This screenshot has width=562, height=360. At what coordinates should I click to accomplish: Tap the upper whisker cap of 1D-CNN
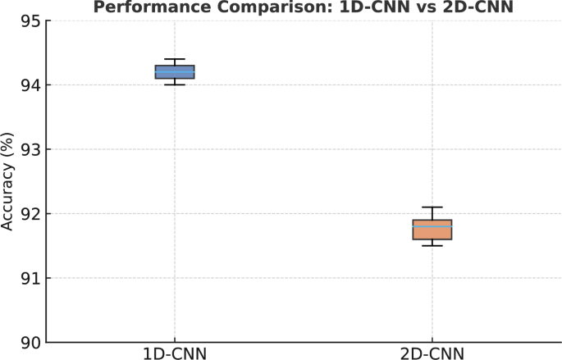(x=174, y=59)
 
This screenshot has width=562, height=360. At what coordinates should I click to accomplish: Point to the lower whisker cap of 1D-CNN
(x=174, y=84)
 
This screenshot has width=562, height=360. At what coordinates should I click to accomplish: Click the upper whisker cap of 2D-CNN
(x=432, y=207)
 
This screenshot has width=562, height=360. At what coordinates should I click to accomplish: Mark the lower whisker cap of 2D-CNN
(x=432, y=245)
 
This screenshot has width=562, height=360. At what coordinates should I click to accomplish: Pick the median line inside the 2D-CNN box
(x=432, y=226)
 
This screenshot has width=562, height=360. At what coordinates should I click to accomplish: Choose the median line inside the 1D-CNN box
(x=174, y=72)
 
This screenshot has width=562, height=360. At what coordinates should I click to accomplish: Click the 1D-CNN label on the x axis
(x=174, y=353)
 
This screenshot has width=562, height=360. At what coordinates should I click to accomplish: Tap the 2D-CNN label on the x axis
(x=432, y=353)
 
